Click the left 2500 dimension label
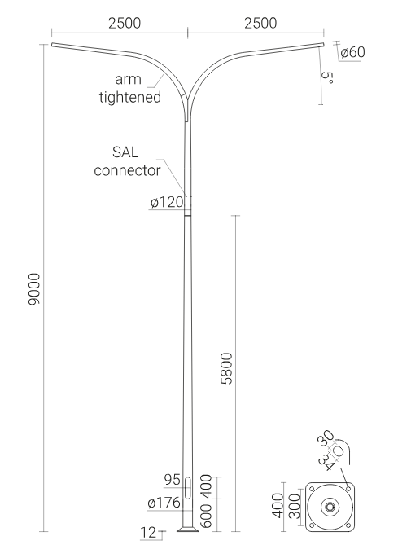(125, 24)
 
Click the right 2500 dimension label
(260, 24)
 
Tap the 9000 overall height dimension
(34, 289)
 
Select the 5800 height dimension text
(226, 368)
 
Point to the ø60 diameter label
(353, 52)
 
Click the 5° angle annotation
(327, 77)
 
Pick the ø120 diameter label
(167, 202)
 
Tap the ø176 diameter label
(164, 503)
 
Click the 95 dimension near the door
(173, 480)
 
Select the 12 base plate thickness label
(148, 533)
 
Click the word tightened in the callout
(130, 97)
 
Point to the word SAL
(125, 152)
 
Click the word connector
(128, 170)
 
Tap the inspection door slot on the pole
(187, 488)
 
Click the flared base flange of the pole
(188, 529)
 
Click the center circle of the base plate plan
(330, 507)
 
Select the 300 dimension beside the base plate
(295, 506)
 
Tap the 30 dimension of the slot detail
(326, 438)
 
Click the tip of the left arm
(52, 44)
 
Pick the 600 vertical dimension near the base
(206, 516)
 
